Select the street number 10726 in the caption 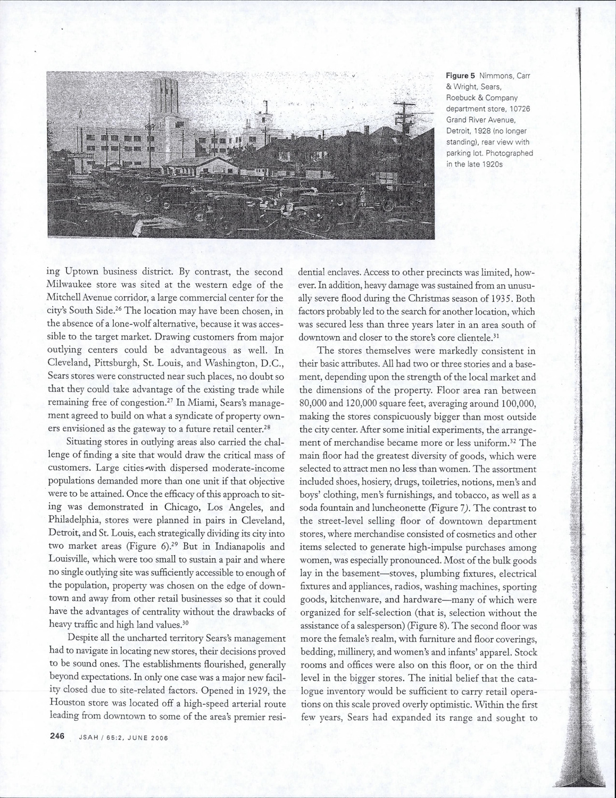tap(519, 109)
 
